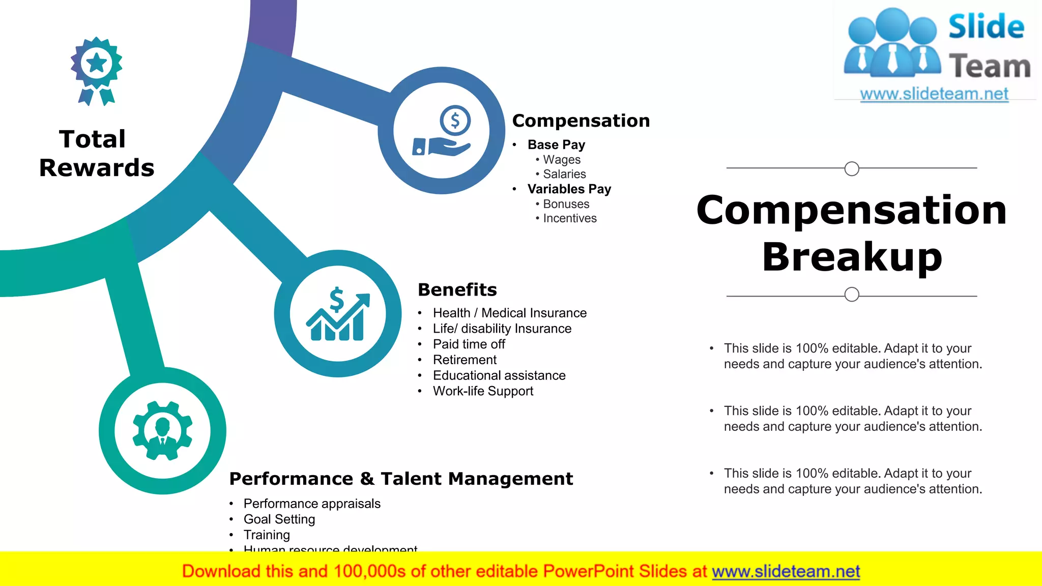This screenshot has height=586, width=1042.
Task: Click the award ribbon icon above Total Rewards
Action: tap(96, 71)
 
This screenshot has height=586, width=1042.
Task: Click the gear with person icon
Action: tap(162, 430)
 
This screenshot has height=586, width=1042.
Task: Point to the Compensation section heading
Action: tap(581, 121)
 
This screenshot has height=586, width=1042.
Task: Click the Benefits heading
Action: tap(457, 289)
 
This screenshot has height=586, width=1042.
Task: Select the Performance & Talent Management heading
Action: tap(401, 479)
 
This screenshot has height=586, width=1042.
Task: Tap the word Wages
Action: tap(562, 160)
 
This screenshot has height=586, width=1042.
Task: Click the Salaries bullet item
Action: tap(564, 174)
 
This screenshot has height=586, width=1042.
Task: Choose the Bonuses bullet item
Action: tap(566, 204)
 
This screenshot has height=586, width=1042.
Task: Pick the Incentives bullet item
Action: tap(569, 218)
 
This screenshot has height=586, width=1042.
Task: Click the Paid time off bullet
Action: tap(469, 344)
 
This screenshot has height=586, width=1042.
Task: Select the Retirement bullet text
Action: tap(465, 360)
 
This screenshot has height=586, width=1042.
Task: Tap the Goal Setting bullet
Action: tap(279, 519)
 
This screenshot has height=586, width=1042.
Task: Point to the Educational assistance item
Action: tap(499, 375)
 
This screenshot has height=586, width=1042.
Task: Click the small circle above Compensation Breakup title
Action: tap(851, 168)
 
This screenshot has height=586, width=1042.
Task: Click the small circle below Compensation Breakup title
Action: tap(851, 295)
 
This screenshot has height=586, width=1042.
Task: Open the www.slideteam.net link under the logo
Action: tap(934, 94)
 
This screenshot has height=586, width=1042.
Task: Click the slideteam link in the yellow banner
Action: tap(786, 572)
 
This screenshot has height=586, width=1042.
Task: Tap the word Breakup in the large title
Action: tap(852, 257)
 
